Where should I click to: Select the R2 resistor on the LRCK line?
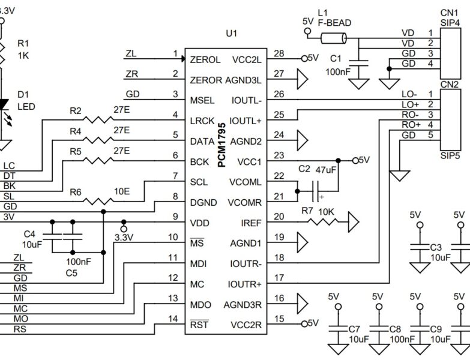[x=96, y=119]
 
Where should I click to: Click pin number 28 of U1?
[x=278, y=54]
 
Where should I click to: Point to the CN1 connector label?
[x=449, y=11]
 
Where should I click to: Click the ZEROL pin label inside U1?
[x=205, y=60]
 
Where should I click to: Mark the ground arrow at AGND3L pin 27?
[x=302, y=78]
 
